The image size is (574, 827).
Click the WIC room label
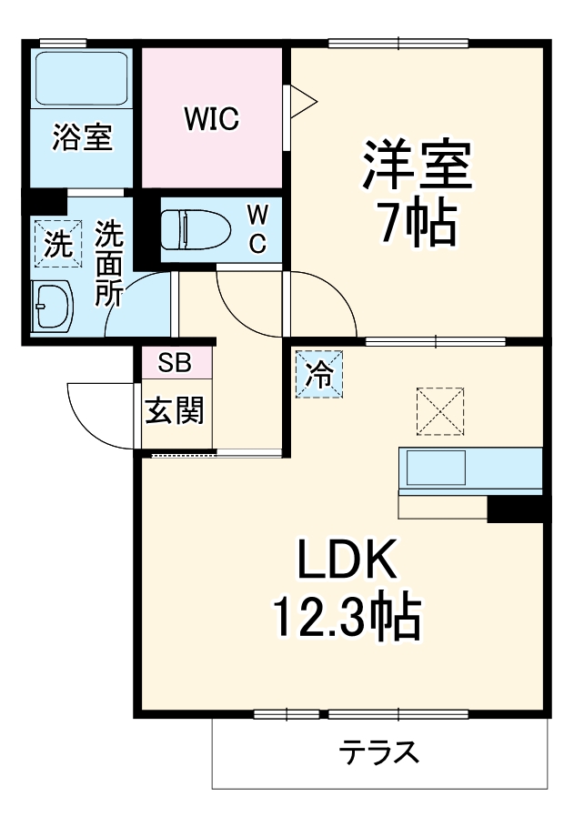point(211,119)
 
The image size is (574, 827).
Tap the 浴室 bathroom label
point(82,137)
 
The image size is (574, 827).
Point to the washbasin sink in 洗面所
point(53,306)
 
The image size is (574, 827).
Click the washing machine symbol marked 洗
point(56,244)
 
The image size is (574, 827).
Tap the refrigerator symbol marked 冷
point(319,374)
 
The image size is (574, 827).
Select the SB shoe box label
point(175,363)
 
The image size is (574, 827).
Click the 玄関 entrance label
point(175,411)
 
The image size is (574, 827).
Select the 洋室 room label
point(418,165)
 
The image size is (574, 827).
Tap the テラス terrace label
point(379,751)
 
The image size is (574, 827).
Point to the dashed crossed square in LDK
point(439,409)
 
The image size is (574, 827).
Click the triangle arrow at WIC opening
point(301,97)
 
